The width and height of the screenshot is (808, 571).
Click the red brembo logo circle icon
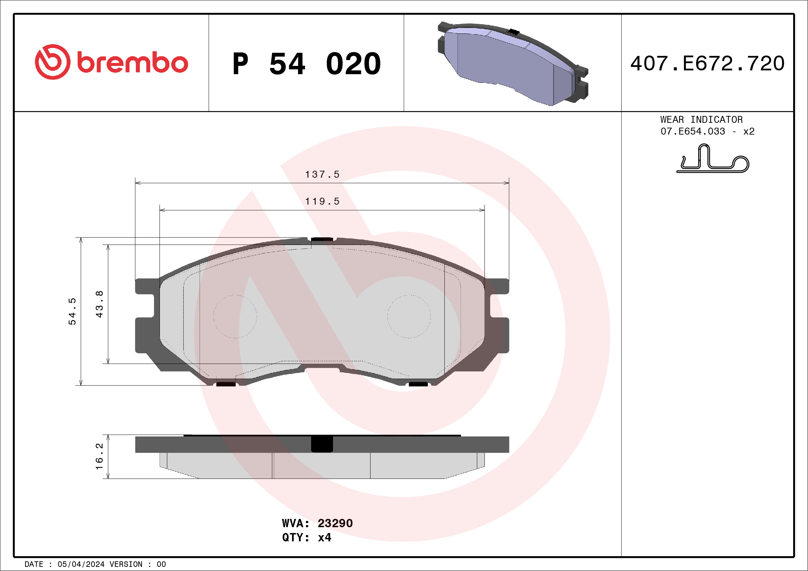pyautogui.click(x=52, y=62)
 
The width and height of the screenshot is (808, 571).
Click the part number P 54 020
pyautogui.click(x=307, y=63)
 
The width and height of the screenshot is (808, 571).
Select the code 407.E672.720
pyautogui.click(x=708, y=63)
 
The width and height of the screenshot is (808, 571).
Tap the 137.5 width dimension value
pyautogui.click(x=323, y=174)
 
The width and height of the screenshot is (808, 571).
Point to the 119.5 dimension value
pyautogui.click(x=323, y=201)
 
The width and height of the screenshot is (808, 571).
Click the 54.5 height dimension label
pyautogui.click(x=72, y=311)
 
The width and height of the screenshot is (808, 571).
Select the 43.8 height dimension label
pyautogui.click(x=99, y=304)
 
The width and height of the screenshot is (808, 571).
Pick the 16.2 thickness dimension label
pyautogui.click(x=99, y=456)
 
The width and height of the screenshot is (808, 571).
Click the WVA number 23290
pyautogui.click(x=335, y=523)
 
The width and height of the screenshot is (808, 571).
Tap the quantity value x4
pyautogui.click(x=325, y=538)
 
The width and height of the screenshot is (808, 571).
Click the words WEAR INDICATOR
pyautogui.click(x=701, y=119)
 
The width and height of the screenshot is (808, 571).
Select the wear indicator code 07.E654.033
pyautogui.click(x=693, y=131)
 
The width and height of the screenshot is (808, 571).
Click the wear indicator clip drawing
pyautogui.click(x=713, y=159)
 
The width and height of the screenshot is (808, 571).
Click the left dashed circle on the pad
pyautogui.click(x=235, y=316)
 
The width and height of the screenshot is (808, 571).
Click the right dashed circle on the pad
pyautogui.click(x=409, y=316)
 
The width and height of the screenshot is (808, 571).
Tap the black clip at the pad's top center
pyautogui.click(x=322, y=239)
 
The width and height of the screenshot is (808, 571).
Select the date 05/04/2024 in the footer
pyautogui.click(x=81, y=564)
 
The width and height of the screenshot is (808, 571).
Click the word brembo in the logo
pyautogui.click(x=132, y=63)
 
